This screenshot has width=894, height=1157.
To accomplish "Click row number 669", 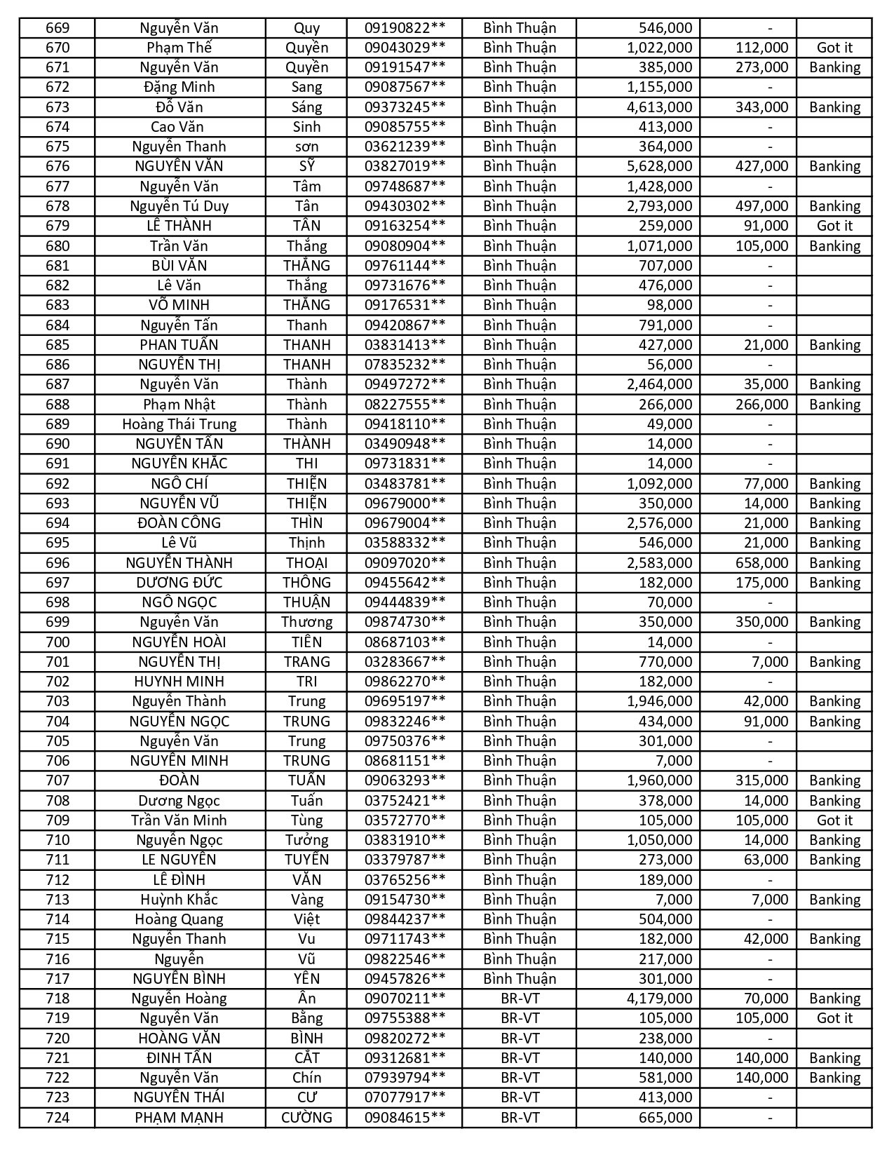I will pos(57,28).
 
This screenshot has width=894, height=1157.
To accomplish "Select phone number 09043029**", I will pos(405,48).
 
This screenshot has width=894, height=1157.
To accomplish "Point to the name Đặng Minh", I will pos(179,87).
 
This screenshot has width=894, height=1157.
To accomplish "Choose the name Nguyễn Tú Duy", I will pos(179,206).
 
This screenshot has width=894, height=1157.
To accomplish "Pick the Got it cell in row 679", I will pos(834,226).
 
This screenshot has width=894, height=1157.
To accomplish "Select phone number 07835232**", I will pos(405,365).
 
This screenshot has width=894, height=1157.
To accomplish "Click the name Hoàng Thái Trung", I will pos(179,424).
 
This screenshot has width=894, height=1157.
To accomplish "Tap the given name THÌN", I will pos(306,523).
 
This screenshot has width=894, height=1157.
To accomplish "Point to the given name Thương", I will pos(306,622).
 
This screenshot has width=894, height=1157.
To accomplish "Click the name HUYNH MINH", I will pos(179,682).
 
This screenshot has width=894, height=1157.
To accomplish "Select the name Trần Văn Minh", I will pos(179,820).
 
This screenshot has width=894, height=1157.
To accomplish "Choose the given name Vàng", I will pos(306,900).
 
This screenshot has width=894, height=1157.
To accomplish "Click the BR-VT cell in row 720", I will pos(520,1038).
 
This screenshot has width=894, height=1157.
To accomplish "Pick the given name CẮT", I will pos(306,1058).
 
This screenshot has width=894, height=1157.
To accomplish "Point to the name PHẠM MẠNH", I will pos(179,1118).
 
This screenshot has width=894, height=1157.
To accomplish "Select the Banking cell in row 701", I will pos(834,662).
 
